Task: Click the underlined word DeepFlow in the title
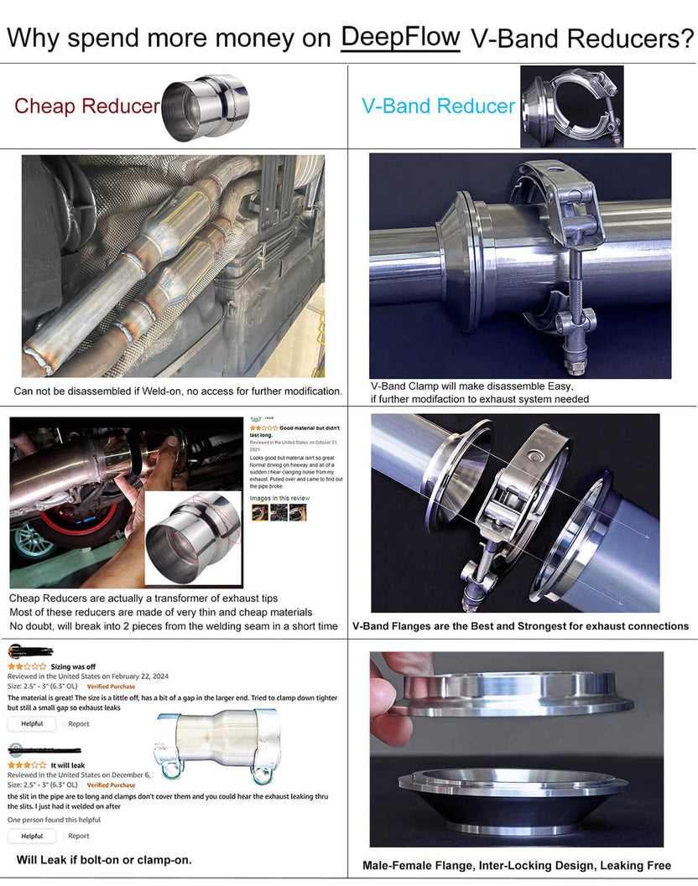click(400, 38)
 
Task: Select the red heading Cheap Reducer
click(86, 106)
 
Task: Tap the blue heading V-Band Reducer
click(438, 106)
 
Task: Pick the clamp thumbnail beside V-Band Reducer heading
click(571, 106)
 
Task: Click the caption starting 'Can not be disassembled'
click(178, 391)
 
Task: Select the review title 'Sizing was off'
click(73, 666)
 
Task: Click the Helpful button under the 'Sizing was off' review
click(32, 723)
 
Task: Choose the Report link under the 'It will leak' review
click(79, 836)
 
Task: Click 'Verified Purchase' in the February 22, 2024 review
click(111, 686)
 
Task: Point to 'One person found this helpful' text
click(54, 819)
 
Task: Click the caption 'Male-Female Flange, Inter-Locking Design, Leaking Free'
click(517, 865)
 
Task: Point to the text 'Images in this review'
click(279, 498)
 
